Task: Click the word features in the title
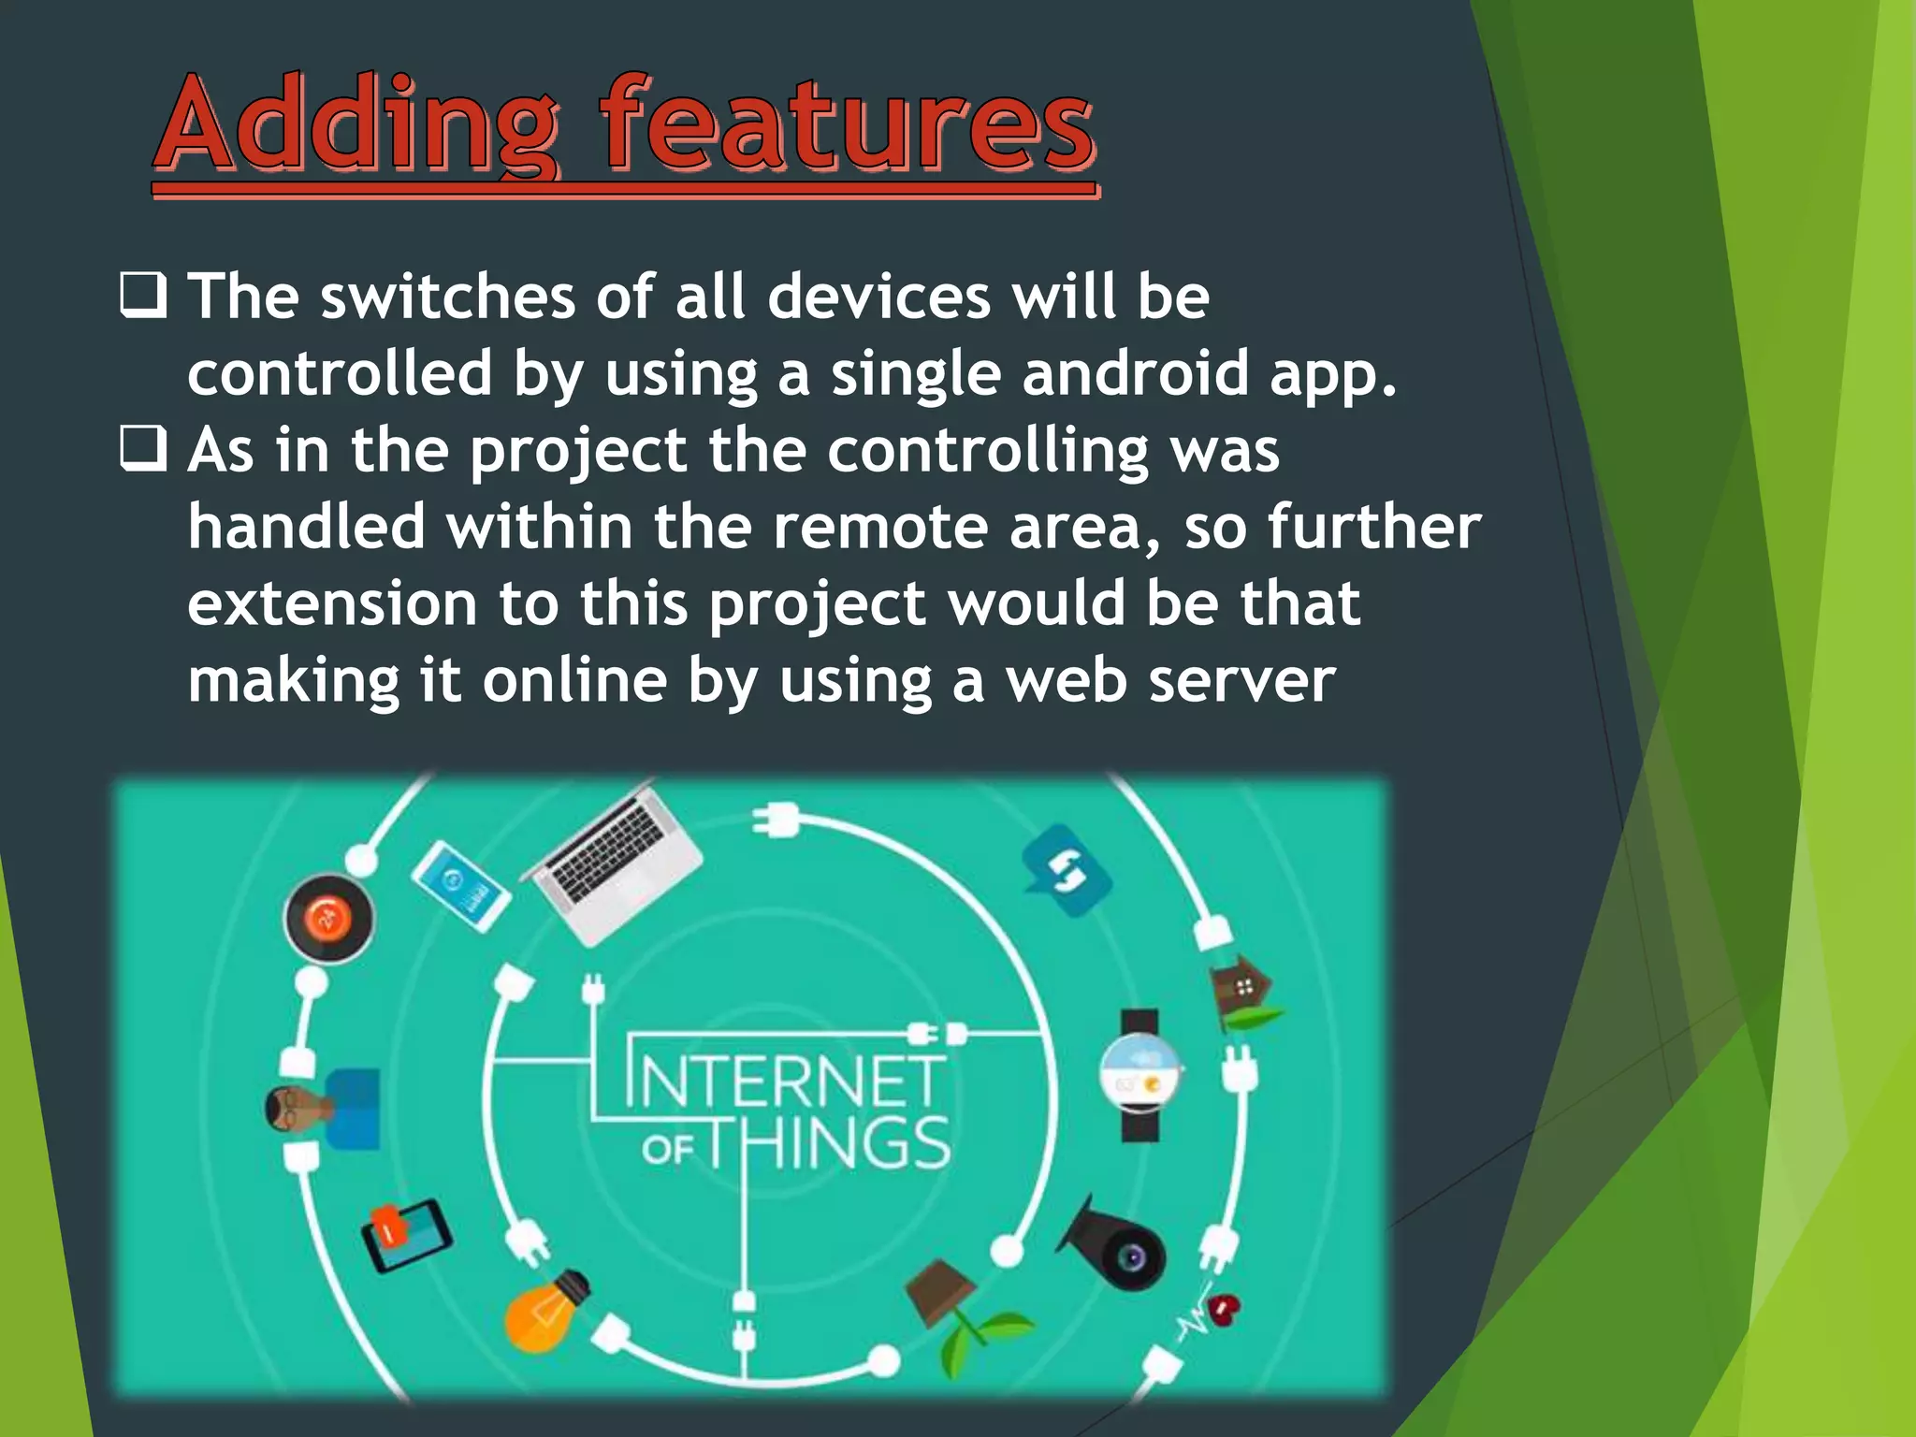click(847, 124)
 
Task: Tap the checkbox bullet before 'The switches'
click(143, 296)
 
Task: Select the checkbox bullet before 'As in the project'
click(143, 449)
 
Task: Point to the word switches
click(447, 297)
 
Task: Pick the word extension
click(332, 603)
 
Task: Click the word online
click(574, 680)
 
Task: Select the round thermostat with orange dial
click(328, 918)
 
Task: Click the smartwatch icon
click(1140, 1075)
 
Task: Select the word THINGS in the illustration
click(828, 1143)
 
